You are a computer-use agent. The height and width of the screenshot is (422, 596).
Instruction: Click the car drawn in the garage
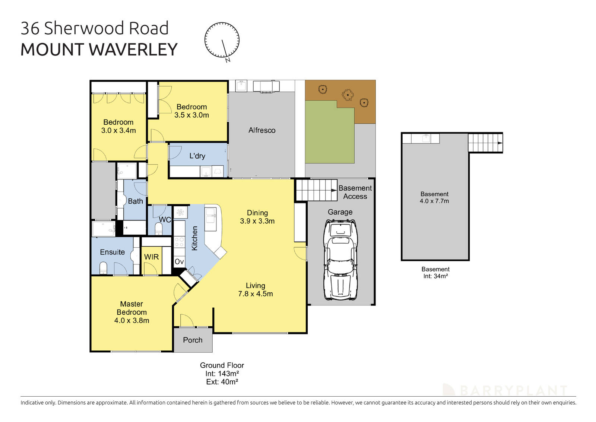pos(340,260)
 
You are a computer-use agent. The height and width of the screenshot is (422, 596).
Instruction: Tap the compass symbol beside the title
pos(222,40)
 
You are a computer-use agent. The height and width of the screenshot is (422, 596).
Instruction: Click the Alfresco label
pos(262,130)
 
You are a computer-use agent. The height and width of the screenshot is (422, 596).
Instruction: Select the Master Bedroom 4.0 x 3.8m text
pos(131,312)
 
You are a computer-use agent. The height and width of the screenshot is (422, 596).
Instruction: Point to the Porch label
pos(193,340)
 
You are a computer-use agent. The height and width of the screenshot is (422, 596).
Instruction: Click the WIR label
pos(151,257)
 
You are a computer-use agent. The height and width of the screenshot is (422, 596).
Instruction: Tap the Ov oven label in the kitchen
pos(179,261)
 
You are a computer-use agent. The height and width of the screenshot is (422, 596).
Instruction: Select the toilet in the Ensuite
pos(103,268)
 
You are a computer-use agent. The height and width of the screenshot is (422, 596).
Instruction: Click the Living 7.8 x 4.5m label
pos(255,290)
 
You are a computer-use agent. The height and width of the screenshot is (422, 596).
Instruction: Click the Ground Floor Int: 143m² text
pos(222,373)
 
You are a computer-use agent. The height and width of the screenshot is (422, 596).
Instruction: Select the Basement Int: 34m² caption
pos(435,273)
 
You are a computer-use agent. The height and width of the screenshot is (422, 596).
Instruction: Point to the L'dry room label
pos(197,156)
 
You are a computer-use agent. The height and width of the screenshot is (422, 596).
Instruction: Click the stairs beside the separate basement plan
pos(485,143)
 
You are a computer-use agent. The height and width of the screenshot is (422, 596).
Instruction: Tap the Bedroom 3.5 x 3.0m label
pos(191,111)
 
